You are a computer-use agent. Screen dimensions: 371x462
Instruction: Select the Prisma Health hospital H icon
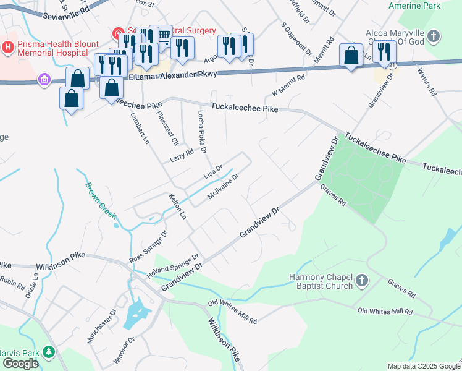[7, 46]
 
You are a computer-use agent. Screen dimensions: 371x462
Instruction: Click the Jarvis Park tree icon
[48, 352]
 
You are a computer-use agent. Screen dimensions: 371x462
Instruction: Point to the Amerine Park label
[414, 6]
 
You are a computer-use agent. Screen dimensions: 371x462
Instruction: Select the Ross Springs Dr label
[148, 247]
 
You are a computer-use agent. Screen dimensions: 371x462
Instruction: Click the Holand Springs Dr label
[178, 267]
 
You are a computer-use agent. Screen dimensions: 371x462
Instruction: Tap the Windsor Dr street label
[124, 351]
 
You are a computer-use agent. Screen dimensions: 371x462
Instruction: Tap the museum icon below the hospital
[43, 80]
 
